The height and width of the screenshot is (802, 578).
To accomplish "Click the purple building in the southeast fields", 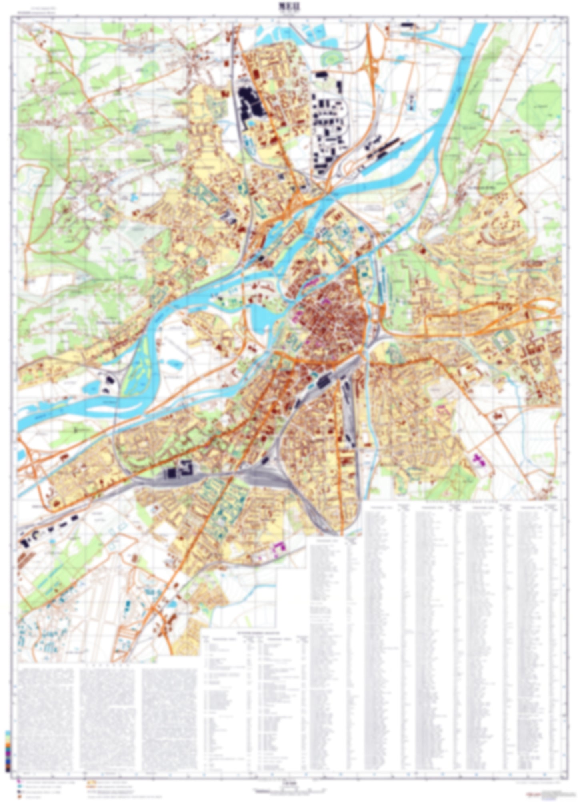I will pyautogui.click(x=478, y=460).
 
